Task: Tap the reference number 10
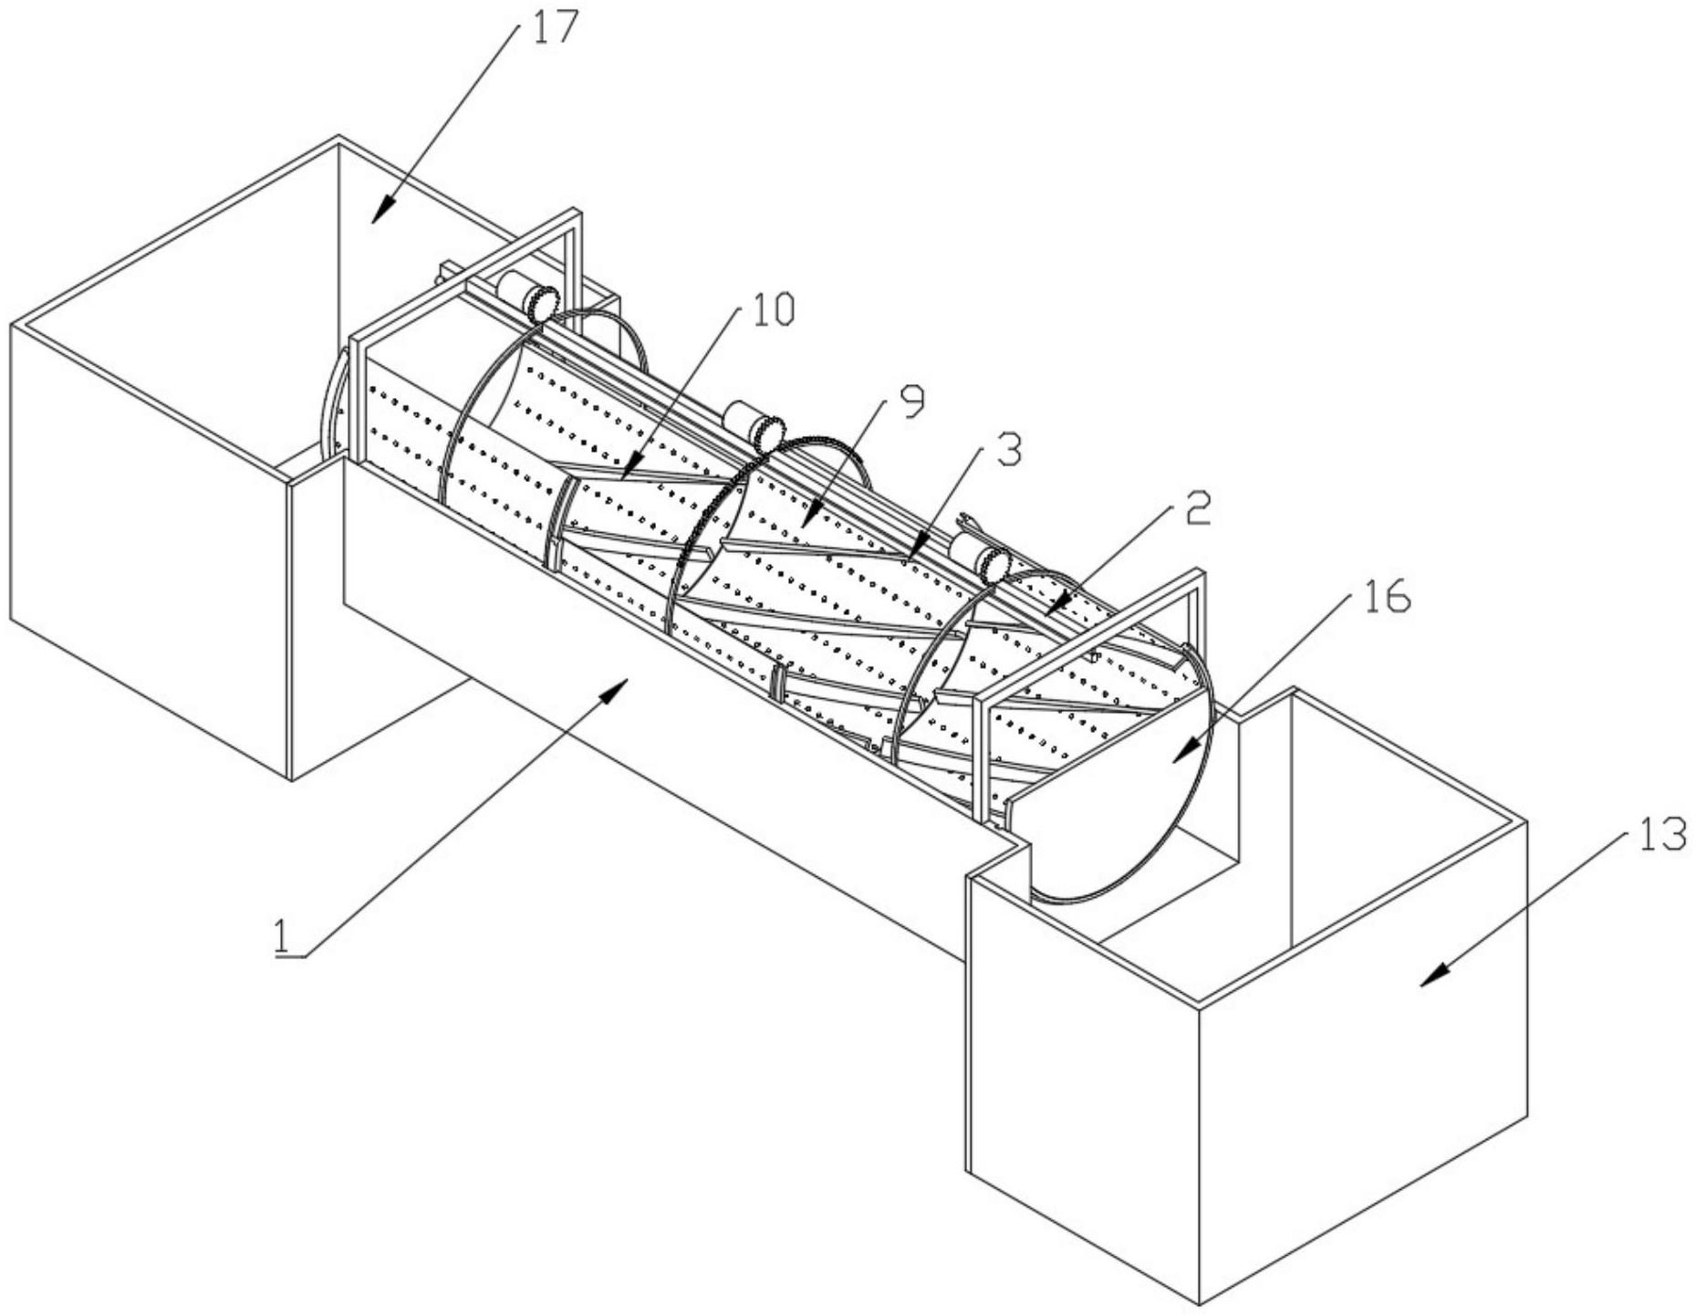772,309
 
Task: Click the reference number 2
1198,508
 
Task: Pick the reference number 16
1387,595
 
